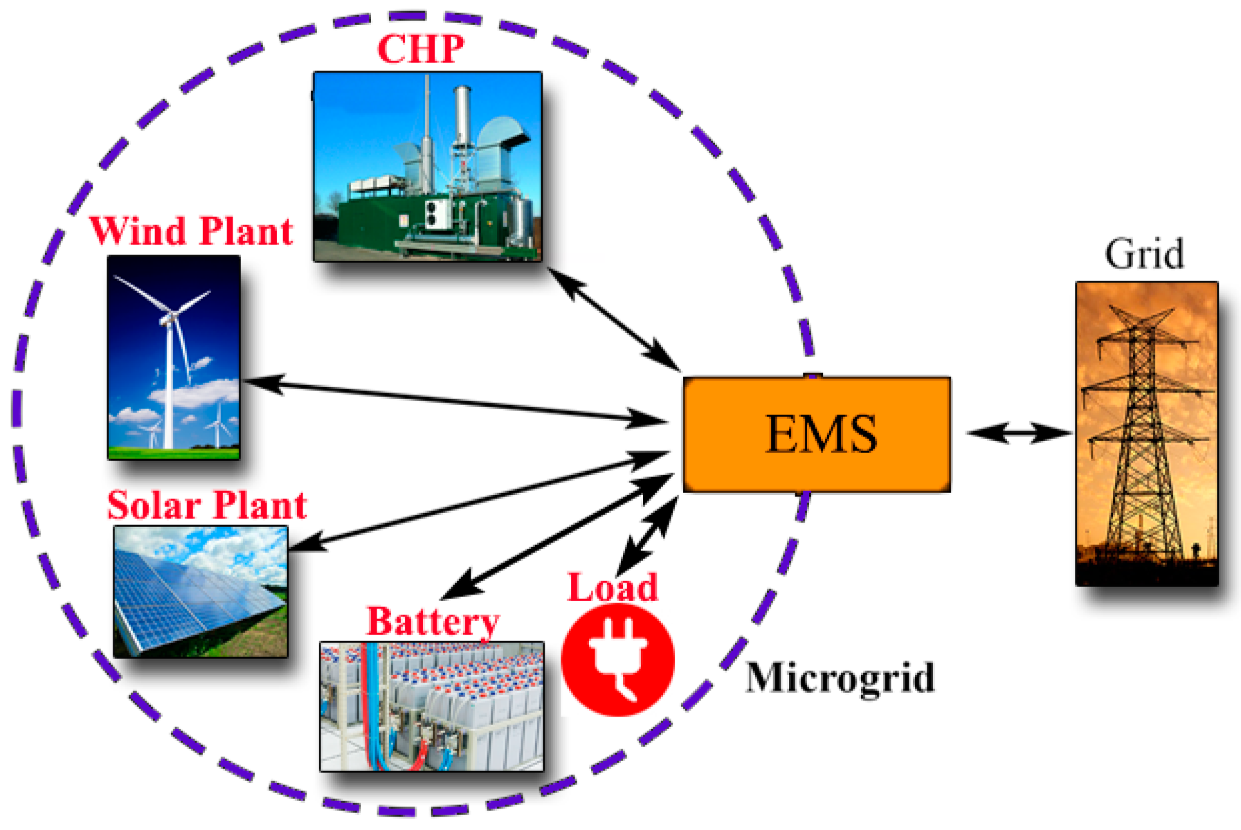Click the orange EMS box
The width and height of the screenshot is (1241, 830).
click(x=816, y=434)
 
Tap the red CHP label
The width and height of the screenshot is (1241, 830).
click(x=421, y=49)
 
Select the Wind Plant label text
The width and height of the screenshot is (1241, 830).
click(x=191, y=232)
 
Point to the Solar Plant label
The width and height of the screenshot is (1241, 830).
click(x=207, y=506)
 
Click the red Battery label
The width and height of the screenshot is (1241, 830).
click(x=433, y=621)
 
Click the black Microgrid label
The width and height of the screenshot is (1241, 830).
click(x=840, y=677)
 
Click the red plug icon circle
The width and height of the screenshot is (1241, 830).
click(x=617, y=660)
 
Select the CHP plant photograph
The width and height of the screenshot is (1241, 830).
click(x=428, y=167)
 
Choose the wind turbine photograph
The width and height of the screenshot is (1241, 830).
click(x=174, y=357)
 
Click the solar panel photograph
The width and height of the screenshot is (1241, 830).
click(x=201, y=591)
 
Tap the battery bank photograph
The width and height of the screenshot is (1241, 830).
click(x=431, y=706)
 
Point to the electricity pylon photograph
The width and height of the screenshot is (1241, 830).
click(x=1146, y=433)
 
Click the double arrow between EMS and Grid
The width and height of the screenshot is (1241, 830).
click(x=1019, y=433)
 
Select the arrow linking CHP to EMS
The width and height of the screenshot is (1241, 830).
click(x=613, y=319)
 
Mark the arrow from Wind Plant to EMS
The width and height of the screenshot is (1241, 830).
click(x=454, y=400)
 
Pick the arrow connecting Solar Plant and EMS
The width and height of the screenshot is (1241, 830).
click(x=479, y=501)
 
